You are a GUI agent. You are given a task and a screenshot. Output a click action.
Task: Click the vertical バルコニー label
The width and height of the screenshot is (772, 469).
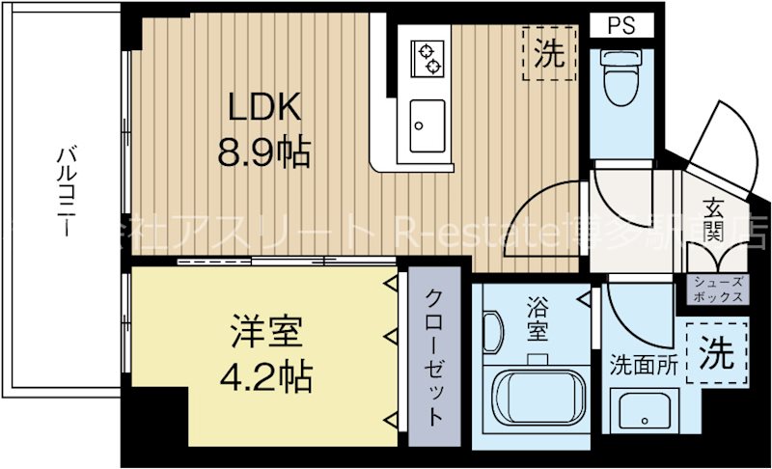(67, 194)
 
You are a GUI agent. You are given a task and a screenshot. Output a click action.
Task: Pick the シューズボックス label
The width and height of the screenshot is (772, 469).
(717, 290)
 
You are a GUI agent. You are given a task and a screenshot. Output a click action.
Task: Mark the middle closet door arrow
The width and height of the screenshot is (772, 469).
(390, 336)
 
